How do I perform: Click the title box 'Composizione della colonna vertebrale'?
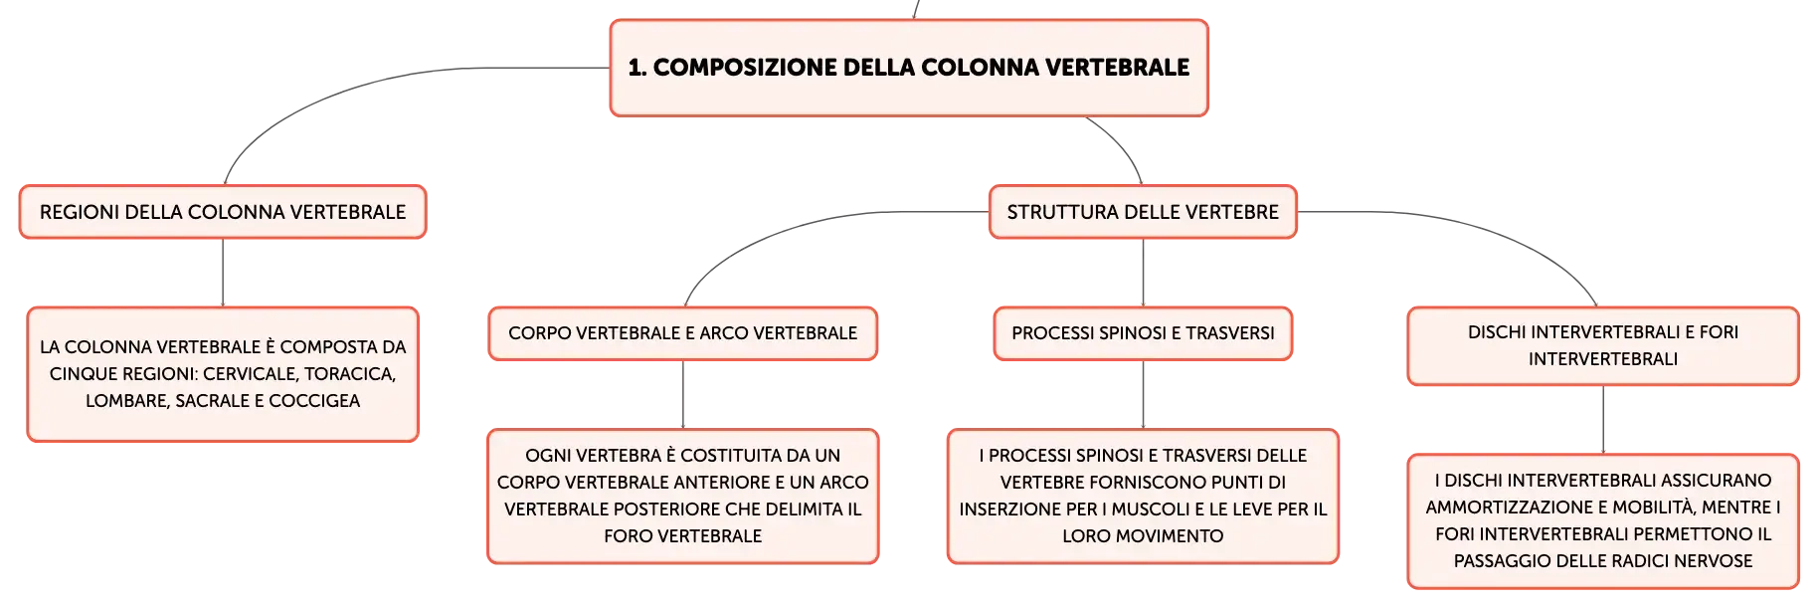(x=909, y=68)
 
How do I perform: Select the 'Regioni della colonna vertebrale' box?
(x=223, y=212)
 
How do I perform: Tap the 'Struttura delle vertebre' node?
(x=1143, y=212)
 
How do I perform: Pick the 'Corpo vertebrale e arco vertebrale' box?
(x=682, y=333)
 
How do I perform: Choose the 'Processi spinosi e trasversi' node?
(x=1143, y=333)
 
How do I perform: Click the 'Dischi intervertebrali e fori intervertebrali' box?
(x=1603, y=345)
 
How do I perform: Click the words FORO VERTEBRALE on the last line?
(x=682, y=536)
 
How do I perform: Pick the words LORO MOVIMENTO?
(x=1143, y=536)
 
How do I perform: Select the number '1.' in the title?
(x=637, y=68)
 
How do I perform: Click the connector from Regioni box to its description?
(x=223, y=273)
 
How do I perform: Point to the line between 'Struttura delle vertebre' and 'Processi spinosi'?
(x=1143, y=273)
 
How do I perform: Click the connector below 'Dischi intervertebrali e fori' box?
(x=1603, y=420)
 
